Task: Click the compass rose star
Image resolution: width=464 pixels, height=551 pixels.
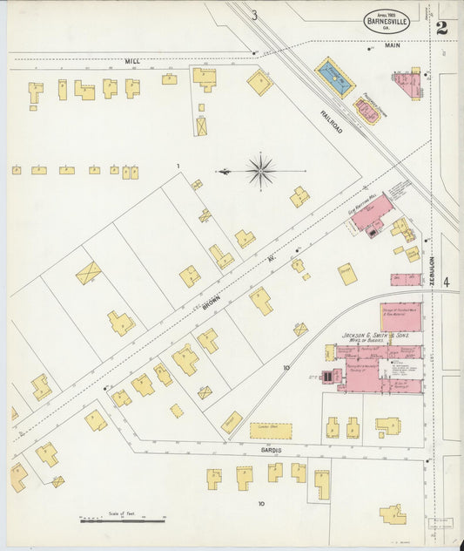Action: coord(260,171)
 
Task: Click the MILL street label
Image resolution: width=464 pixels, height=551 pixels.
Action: coord(132,61)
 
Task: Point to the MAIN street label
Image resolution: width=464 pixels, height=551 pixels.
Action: coord(391,45)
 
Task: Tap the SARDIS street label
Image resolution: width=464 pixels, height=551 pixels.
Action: coord(271,450)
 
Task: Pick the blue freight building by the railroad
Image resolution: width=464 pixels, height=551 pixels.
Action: coord(334,78)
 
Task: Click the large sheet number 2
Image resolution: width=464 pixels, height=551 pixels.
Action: coord(441,28)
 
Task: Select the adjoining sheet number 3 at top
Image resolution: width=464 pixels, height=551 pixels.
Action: coord(254,15)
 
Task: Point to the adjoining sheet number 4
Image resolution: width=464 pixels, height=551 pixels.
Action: coord(446,282)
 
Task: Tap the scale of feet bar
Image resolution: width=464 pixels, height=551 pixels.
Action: coord(123,520)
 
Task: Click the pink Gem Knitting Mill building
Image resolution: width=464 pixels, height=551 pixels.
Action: coord(372,213)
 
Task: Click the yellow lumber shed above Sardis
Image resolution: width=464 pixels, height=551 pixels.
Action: coord(271,431)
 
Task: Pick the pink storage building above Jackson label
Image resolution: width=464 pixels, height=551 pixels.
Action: coord(400,316)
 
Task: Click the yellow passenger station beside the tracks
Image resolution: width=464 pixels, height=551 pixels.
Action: coord(366,111)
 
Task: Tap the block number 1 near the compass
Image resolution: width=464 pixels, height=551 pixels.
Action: coord(178,166)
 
